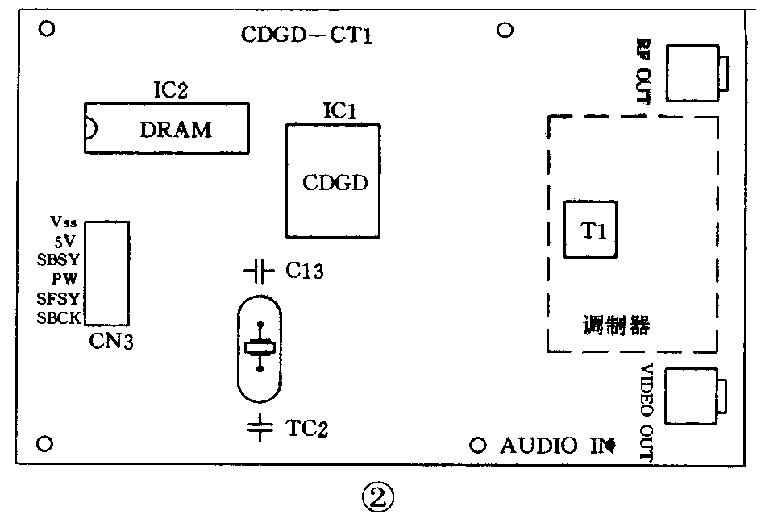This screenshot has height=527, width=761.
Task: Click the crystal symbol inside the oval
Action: pyautogui.click(x=260, y=347)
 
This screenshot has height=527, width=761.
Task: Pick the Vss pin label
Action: pyautogui.click(x=64, y=222)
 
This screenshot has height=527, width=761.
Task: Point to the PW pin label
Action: pyautogui.click(x=67, y=279)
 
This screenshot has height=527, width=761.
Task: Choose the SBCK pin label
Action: pyautogui.click(x=59, y=317)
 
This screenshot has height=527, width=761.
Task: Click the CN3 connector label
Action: pyautogui.click(x=112, y=342)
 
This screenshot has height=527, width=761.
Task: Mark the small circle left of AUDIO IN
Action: pyautogui.click(x=477, y=446)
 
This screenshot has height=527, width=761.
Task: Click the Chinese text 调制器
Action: pyautogui.click(x=615, y=328)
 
